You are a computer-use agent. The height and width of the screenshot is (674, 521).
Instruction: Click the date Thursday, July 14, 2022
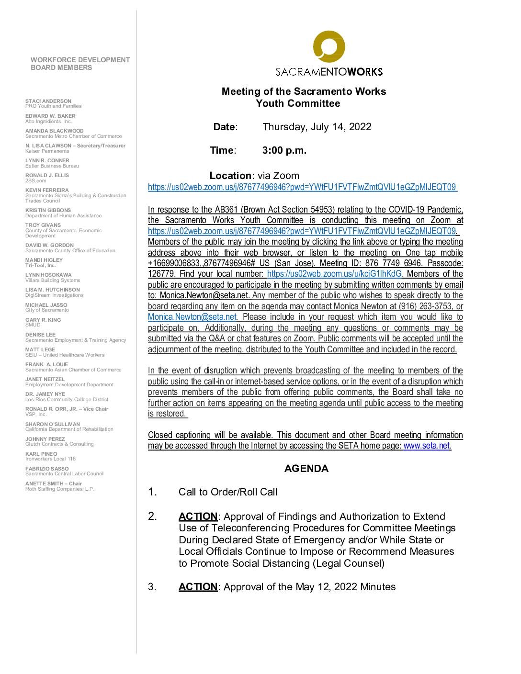coord(317,127)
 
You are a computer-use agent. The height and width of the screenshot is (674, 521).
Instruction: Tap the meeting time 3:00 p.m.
coord(284,150)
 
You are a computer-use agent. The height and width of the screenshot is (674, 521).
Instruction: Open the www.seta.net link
coord(427,446)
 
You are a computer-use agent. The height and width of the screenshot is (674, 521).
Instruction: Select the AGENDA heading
coord(306,469)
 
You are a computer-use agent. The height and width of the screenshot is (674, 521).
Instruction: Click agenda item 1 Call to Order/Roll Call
coord(227,492)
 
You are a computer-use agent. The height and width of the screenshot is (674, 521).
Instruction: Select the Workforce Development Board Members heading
coord(80,64)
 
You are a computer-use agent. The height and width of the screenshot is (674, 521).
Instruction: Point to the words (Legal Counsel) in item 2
coord(348,563)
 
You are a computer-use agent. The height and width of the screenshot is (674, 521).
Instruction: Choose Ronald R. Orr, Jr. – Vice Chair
coord(67,409)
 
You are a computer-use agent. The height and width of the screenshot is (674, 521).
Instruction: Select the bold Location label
coord(230,176)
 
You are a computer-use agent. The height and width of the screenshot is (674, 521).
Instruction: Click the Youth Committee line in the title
coord(297,104)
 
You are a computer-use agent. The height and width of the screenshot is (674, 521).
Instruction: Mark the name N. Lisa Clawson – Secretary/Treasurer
coord(75,146)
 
